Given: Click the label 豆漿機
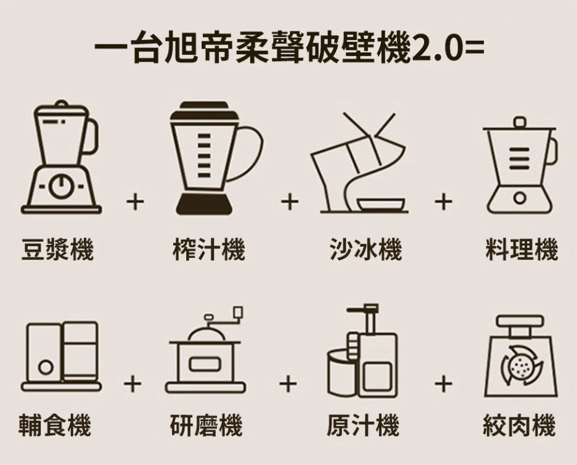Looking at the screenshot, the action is pyautogui.click(x=57, y=249).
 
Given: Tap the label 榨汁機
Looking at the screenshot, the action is pyautogui.click(x=209, y=249).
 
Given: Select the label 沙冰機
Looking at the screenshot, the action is pyautogui.click(x=366, y=249).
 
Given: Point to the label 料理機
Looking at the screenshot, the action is pyautogui.click(x=522, y=249).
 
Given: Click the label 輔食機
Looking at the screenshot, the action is pyautogui.click(x=55, y=425).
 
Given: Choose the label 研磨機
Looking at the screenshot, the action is pyautogui.click(x=206, y=425).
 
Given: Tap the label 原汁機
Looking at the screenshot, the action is pyautogui.click(x=363, y=425).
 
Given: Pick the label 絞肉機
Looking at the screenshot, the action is pyautogui.click(x=519, y=425).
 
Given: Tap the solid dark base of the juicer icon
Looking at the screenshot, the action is pyautogui.click(x=204, y=204).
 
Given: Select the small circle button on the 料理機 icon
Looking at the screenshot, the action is pyautogui.click(x=520, y=197).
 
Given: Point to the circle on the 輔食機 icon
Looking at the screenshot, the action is pyautogui.click(x=46, y=367).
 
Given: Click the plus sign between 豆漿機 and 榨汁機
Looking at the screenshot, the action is pyautogui.click(x=135, y=202).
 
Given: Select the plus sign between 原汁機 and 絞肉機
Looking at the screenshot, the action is pyautogui.click(x=443, y=384).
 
